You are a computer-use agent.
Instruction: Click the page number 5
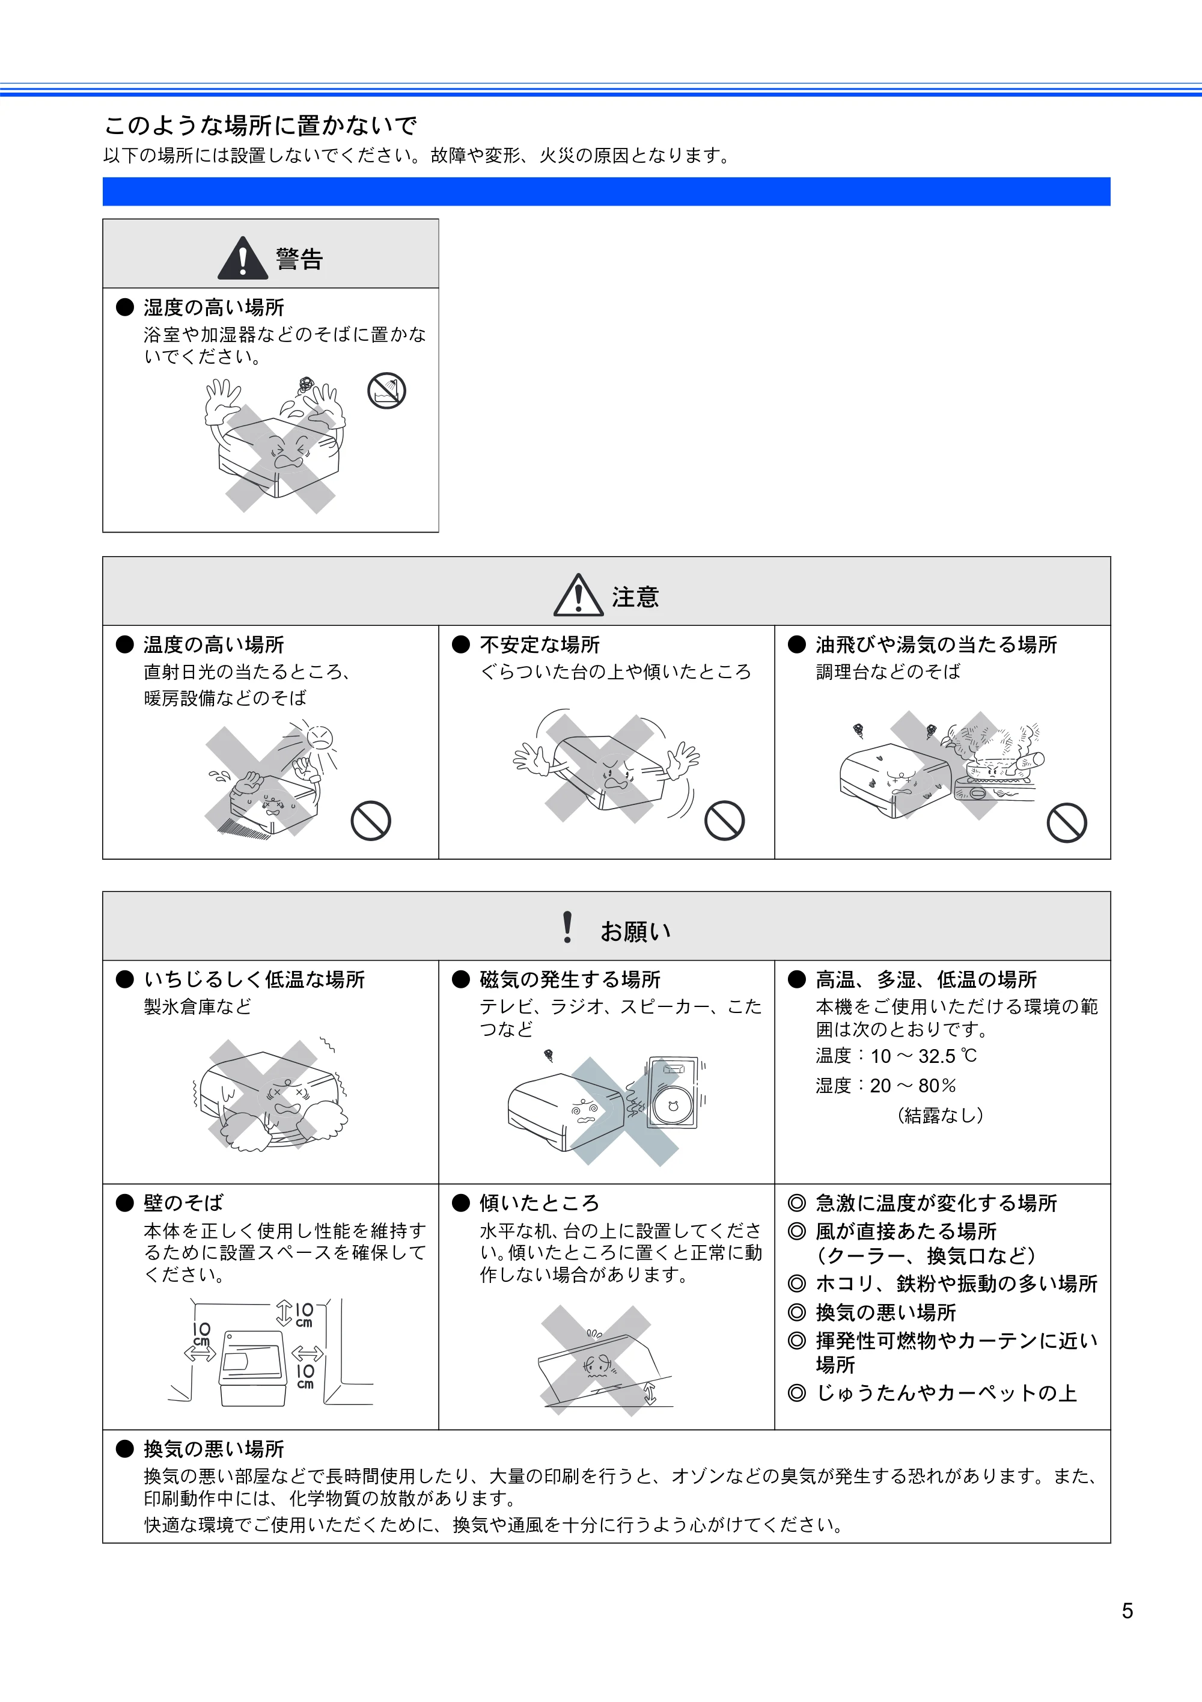(x=1126, y=1611)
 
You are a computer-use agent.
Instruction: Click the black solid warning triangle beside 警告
(x=242, y=257)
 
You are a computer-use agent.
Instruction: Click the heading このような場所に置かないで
(x=261, y=125)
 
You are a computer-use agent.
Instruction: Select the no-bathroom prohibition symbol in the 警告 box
(x=387, y=391)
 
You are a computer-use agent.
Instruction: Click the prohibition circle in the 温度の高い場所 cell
(x=371, y=821)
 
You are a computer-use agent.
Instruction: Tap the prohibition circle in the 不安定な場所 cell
(x=724, y=821)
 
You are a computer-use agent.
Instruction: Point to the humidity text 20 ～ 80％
(x=913, y=1085)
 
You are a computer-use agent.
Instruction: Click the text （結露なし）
(x=941, y=1115)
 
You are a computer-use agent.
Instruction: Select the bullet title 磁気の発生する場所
(x=570, y=979)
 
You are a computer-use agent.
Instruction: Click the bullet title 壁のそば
(x=183, y=1202)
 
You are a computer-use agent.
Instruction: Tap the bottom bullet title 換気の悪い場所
(x=213, y=1448)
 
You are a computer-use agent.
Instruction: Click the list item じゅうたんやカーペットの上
(x=947, y=1393)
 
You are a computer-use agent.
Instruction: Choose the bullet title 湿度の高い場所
(x=213, y=307)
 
